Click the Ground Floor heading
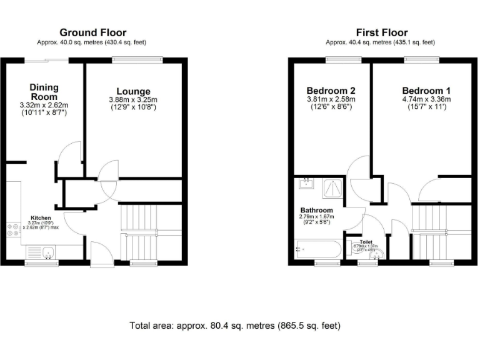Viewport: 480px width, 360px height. [x=92, y=32]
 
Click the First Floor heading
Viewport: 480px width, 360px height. [x=381, y=32]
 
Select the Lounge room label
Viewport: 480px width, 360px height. [x=133, y=92]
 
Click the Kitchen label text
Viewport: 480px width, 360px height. [x=41, y=217]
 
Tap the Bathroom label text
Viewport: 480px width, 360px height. [x=316, y=210]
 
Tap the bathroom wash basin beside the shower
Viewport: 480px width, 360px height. [x=306, y=184]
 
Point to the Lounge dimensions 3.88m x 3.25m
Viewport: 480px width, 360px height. [x=133, y=100]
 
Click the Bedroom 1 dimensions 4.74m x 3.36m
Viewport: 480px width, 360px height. [x=426, y=99]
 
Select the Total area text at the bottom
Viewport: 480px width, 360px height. [x=234, y=326]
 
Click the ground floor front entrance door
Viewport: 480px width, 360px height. [x=99, y=253]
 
